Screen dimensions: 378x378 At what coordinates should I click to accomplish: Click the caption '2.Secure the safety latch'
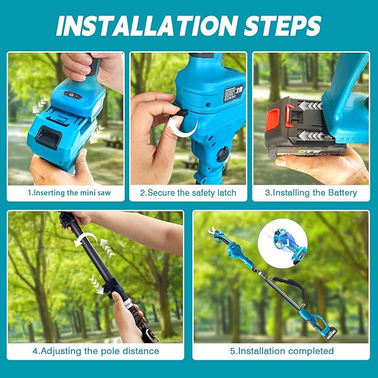pos(188,193)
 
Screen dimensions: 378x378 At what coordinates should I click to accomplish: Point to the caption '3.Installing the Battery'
pos(311,193)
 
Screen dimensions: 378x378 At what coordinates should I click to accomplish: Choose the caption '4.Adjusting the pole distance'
pos(95,351)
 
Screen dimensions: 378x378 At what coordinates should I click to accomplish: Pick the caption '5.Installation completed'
pos(281,351)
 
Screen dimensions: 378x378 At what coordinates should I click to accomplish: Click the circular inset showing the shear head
pos(282,244)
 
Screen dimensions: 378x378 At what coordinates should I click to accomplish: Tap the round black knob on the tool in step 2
pos(222,155)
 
